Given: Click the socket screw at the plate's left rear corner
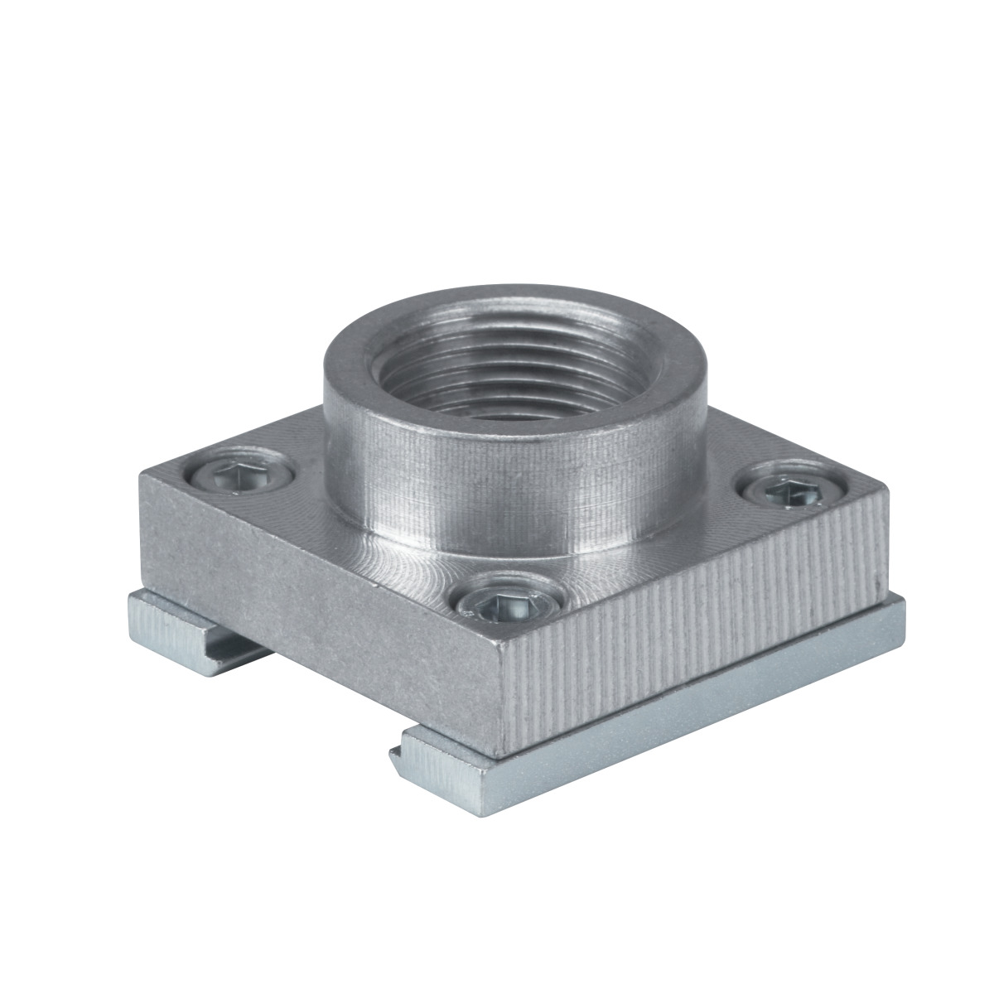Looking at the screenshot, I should click(240, 475).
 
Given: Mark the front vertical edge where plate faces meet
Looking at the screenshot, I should click(502, 704).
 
